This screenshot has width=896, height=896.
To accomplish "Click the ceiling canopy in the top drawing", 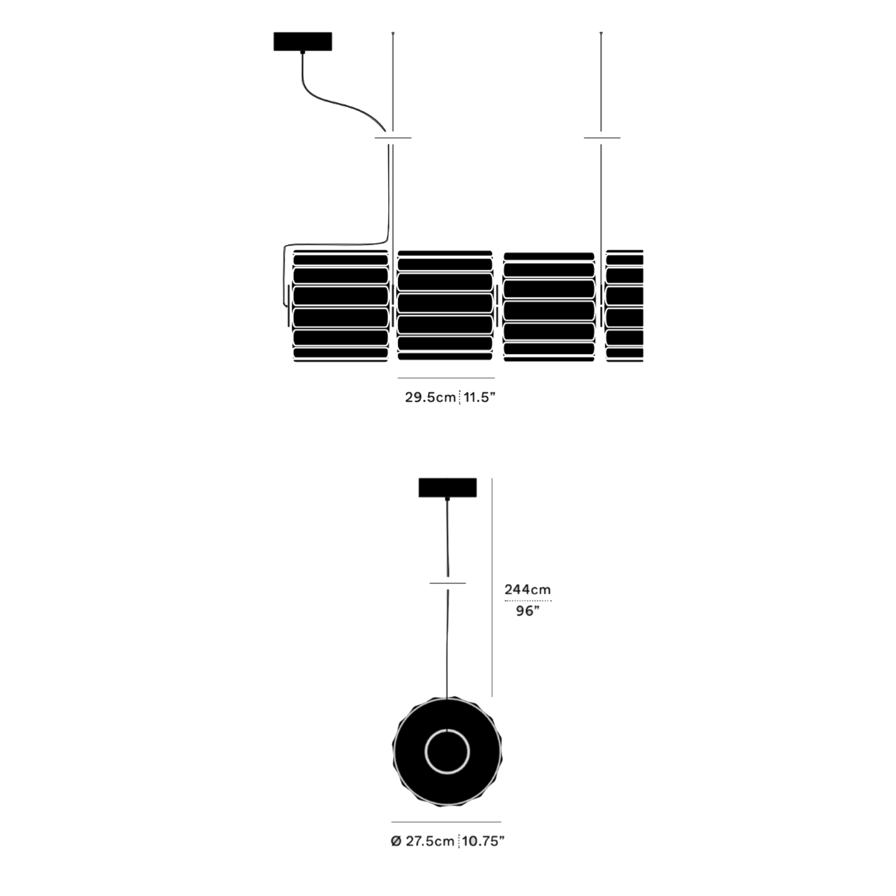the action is coord(303,42).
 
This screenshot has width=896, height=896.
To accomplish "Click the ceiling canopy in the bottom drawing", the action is coord(447,487).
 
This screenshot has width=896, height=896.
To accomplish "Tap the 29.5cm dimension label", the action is coord(430,397).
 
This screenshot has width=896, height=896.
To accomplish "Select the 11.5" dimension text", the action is coord(479,397).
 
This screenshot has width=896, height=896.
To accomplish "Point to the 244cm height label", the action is coord(528,590).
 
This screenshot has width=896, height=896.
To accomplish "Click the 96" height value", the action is coord(528,611).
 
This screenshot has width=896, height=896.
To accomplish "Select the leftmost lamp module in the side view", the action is coord(340,306).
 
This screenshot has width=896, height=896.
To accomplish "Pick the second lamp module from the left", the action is coord(445,306).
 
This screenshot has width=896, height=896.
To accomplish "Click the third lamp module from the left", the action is coord(549,307).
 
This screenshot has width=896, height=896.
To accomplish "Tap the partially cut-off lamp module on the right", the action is coord(624,306).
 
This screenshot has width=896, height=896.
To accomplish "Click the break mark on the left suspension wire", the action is coord(393,138).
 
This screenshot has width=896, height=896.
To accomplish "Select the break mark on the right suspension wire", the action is coord(601,138).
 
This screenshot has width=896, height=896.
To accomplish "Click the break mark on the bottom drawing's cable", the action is coord(448,583).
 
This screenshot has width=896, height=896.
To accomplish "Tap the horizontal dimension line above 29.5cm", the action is coord(446,378).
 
